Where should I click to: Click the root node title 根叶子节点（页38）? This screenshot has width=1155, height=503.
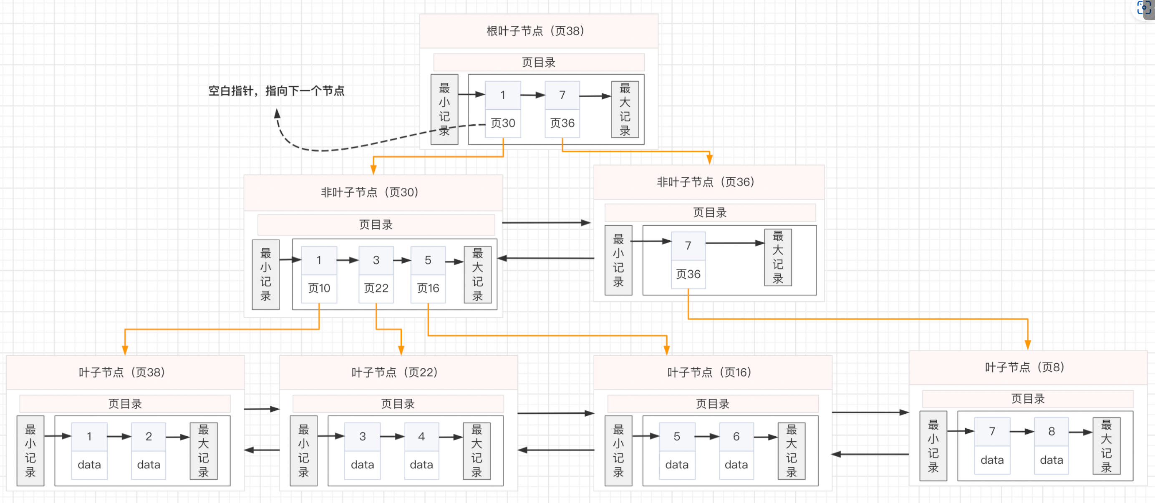(x=535, y=31)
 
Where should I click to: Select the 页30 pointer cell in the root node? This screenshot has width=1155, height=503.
(x=503, y=123)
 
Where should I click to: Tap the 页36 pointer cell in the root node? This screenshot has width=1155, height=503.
(x=562, y=123)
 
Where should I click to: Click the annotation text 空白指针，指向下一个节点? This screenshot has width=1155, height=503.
(x=276, y=91)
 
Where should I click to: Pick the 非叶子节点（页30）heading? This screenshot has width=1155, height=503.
(x=369, y=192)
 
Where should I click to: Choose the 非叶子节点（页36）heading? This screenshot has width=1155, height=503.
(x=706, y=182)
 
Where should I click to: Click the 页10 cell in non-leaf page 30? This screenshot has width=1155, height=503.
(x=319, y=288)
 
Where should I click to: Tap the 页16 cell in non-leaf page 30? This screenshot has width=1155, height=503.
(x=428, y=288)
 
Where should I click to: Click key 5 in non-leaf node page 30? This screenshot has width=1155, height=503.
(x=428, y=260)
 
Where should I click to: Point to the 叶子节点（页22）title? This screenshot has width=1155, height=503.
(x=395, y=372)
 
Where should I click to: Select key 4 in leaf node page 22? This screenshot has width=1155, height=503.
(x=421, y=436)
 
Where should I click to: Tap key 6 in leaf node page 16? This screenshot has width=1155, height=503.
(x=736, y=436)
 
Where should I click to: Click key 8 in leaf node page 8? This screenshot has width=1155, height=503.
(x=1052, y=431)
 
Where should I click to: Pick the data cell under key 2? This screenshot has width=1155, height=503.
(x=149, y=465)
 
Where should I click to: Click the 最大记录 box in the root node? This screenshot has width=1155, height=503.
(x=625, y=109)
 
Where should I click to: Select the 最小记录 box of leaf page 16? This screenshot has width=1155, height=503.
(x=618, y=451)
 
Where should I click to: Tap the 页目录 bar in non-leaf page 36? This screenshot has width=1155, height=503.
(x=710, y=212)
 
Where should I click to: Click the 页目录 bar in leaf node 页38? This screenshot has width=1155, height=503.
(x=125, y=403)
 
